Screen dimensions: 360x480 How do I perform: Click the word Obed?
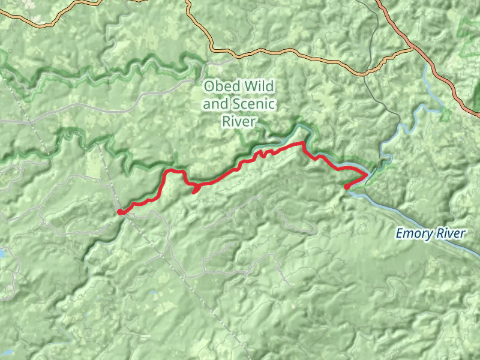tap(220, 86)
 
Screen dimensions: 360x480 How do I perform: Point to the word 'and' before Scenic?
tap(215, 104)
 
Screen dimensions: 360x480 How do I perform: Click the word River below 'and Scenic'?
tap(239, 122)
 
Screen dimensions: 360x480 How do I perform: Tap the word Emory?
tap(414, 233)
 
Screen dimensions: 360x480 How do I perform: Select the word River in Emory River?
tap(450, 233)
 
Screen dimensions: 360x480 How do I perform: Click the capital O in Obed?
tap(209, 86)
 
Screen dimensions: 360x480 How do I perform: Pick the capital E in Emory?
tap(399, 233)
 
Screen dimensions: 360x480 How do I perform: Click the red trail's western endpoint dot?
tap(121, 212)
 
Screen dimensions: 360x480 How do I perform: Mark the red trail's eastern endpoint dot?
tap(347, 187)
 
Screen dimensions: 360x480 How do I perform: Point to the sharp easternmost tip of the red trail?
tap(367, 175)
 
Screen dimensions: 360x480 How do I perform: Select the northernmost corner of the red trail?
tap(301, 143)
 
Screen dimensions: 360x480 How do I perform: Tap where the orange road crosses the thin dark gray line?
tap(364, 74)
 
